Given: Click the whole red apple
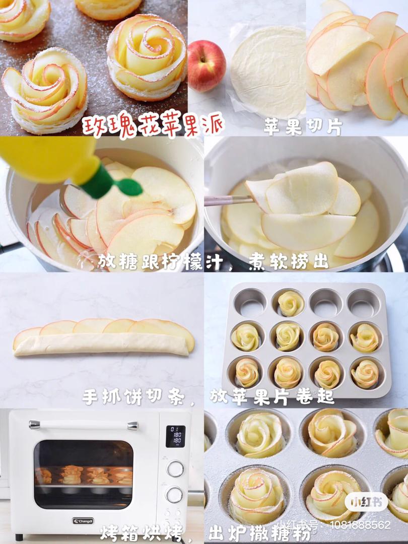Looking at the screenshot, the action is pyautogui.click(x=207, y=65).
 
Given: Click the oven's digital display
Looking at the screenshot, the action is pyautogui.click(x=175, y=436).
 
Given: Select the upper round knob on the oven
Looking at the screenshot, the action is pyautogui.click(x=175, y=469).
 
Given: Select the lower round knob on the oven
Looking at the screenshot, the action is pyautogui.click(x=174, y=495).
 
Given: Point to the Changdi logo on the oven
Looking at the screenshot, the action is pyautogui.click(x=83, y=521).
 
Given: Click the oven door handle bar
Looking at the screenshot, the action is pyautogui.click(x=83, y=425).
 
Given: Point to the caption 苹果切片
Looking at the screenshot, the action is pyautogui.click(x=303, y=127).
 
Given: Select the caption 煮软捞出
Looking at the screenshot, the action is pyautogui.click(x=288, y=261).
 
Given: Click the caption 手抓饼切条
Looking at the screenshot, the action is pyautogui.click(x=133, y=396).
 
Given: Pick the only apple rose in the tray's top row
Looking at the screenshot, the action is pyautogui.click(x=291, y=303).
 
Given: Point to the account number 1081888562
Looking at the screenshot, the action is pyautogui.click(x=360, y=524).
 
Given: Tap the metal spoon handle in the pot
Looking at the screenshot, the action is pyautogui.click(x=228, y=200).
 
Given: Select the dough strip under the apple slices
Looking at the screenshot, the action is pyautogui.click(x=101, y=345).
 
